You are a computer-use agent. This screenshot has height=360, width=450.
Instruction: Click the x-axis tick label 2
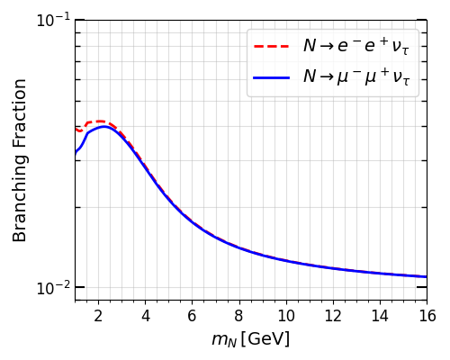click(98, 316)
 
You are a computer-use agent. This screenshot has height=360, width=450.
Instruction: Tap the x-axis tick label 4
click(145, 316)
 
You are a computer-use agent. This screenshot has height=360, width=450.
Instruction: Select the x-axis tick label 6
click(192, 316)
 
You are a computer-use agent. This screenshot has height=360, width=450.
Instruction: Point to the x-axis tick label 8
click(238, 316)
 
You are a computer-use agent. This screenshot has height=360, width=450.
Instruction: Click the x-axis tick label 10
click(285, 316)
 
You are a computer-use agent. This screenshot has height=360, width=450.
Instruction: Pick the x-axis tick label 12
click(332, 316)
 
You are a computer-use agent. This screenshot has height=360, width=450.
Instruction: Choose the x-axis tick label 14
click(380, 316)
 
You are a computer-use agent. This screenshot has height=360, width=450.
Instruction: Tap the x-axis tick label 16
click(427, 316)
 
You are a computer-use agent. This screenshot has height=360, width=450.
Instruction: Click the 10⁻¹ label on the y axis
click(52, 20)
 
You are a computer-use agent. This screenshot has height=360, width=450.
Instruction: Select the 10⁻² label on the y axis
click(52, 287)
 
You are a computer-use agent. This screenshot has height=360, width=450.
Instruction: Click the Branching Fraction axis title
click(20, 159)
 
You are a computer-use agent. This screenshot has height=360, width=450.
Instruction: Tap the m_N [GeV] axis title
click(250, 339)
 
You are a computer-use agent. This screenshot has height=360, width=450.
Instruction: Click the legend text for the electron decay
click(355, 46)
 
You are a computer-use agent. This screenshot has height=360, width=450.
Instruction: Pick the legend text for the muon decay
click(355, 78)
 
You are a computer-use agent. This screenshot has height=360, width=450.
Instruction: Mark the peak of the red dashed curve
click(98, 121)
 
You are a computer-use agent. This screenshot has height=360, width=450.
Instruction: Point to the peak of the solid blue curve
click(105, 127)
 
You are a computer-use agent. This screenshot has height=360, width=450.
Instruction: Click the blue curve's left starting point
click(76, 155)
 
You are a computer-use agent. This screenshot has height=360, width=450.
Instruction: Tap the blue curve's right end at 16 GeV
click(426, 276)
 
